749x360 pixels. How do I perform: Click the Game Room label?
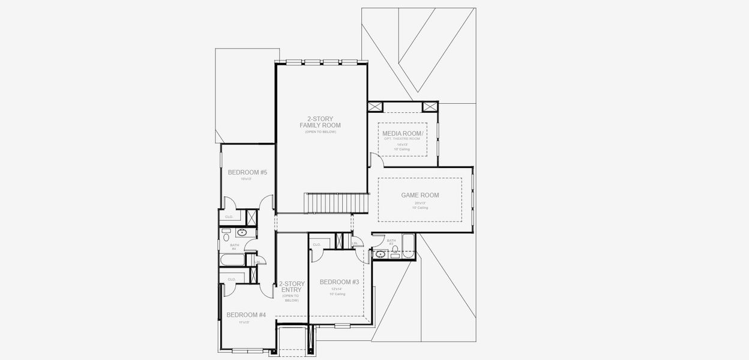(420, 195)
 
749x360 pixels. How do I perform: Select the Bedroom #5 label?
(247, 172)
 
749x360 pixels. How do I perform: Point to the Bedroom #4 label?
(245, 315)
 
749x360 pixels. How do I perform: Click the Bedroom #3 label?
(339, 282)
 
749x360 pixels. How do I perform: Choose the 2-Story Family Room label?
(320, 122)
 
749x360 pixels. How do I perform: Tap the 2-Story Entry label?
(291, 287)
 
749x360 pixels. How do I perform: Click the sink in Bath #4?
(242, 232)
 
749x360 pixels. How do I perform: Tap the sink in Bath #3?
(380, 255)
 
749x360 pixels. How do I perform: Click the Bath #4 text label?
(233, 246)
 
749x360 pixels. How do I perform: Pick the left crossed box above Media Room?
(375, 107)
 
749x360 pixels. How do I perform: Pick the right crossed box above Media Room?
(430, 107)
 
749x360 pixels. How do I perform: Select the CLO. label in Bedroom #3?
(316, 244)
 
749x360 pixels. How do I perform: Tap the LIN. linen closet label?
(355, 243)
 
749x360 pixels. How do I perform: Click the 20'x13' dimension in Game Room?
(420, 203)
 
